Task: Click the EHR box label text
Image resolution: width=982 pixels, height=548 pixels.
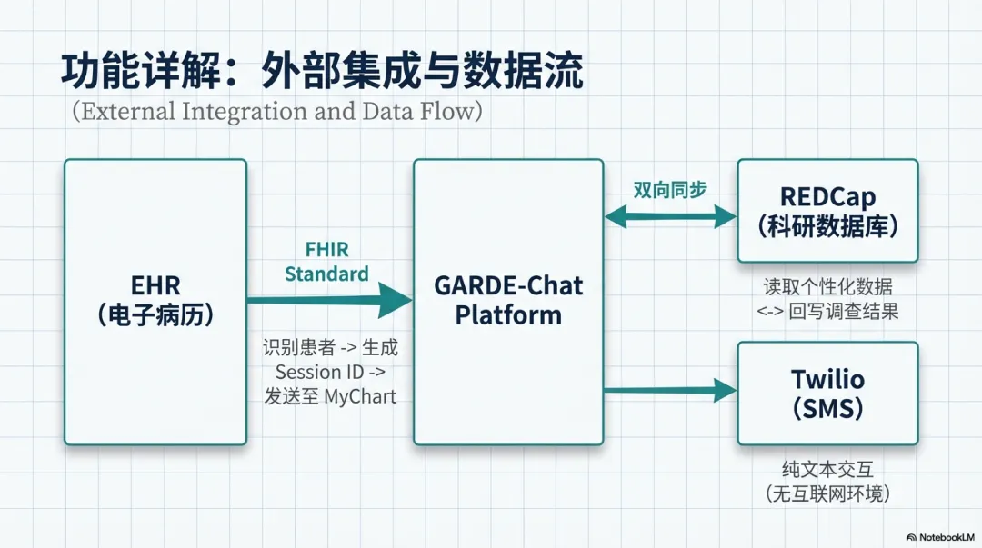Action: tap(155, 300)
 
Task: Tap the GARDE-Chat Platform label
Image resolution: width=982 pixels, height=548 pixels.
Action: tap(508, 300)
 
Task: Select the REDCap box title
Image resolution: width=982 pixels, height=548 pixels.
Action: tap(828, 212)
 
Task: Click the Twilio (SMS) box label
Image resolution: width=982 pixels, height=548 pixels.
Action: tap(828, 394)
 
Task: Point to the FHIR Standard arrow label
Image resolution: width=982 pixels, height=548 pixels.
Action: tap(327, 262)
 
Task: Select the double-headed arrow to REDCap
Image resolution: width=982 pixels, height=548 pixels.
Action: tap(671, 216)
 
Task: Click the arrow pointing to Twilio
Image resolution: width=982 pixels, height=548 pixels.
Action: tap(671, 390)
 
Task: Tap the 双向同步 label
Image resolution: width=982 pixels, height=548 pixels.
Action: tap(670, 190)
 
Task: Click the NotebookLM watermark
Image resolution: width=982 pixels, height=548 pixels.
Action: tap(940, 537)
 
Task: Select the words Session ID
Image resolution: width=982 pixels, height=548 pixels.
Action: tap(319, 372)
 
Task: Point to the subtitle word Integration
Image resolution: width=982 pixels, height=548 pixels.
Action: tap(245, 112)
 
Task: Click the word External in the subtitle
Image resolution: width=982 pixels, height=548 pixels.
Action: tap(128, 112)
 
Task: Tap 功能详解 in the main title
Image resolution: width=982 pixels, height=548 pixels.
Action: tap(141, 71)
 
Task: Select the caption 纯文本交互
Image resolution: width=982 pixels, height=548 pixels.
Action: tap(828, 469)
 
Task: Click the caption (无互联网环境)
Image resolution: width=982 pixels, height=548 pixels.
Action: tap(828, 494)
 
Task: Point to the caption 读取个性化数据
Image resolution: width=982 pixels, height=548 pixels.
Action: tap(828, 287)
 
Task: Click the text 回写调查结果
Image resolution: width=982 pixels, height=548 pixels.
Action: tap(844, 312)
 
